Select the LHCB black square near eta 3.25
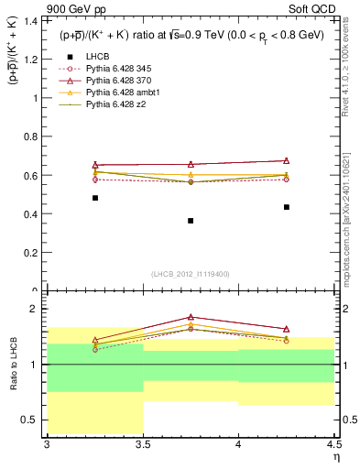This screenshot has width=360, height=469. click(94, 198)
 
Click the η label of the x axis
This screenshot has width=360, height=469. click(335, 457)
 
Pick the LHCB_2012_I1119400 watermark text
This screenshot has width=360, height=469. click(191, 274)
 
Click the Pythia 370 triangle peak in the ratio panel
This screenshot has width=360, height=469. click(191, 316)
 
